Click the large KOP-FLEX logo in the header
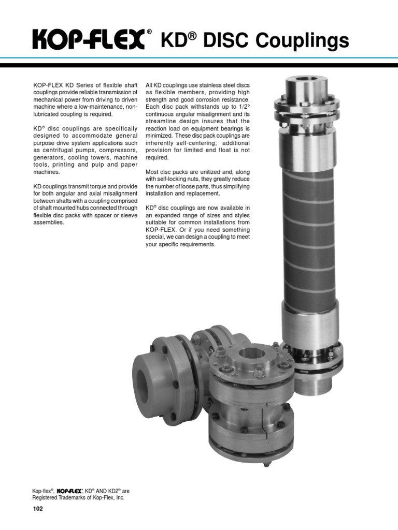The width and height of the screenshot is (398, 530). pyautogui.click(x=89, y=39)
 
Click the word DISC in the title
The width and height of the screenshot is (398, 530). pyautogui.click(x=226, y=40)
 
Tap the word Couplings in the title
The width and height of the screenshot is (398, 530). pyautogui.click(x=302, y=41)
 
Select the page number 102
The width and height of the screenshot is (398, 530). pyautogui.click(x=38, y=508)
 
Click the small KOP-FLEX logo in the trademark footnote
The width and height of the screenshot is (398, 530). pyautogui.click(x=69, y=491)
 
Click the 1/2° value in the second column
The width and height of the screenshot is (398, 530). pyautogui.click(x=243, y=107)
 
